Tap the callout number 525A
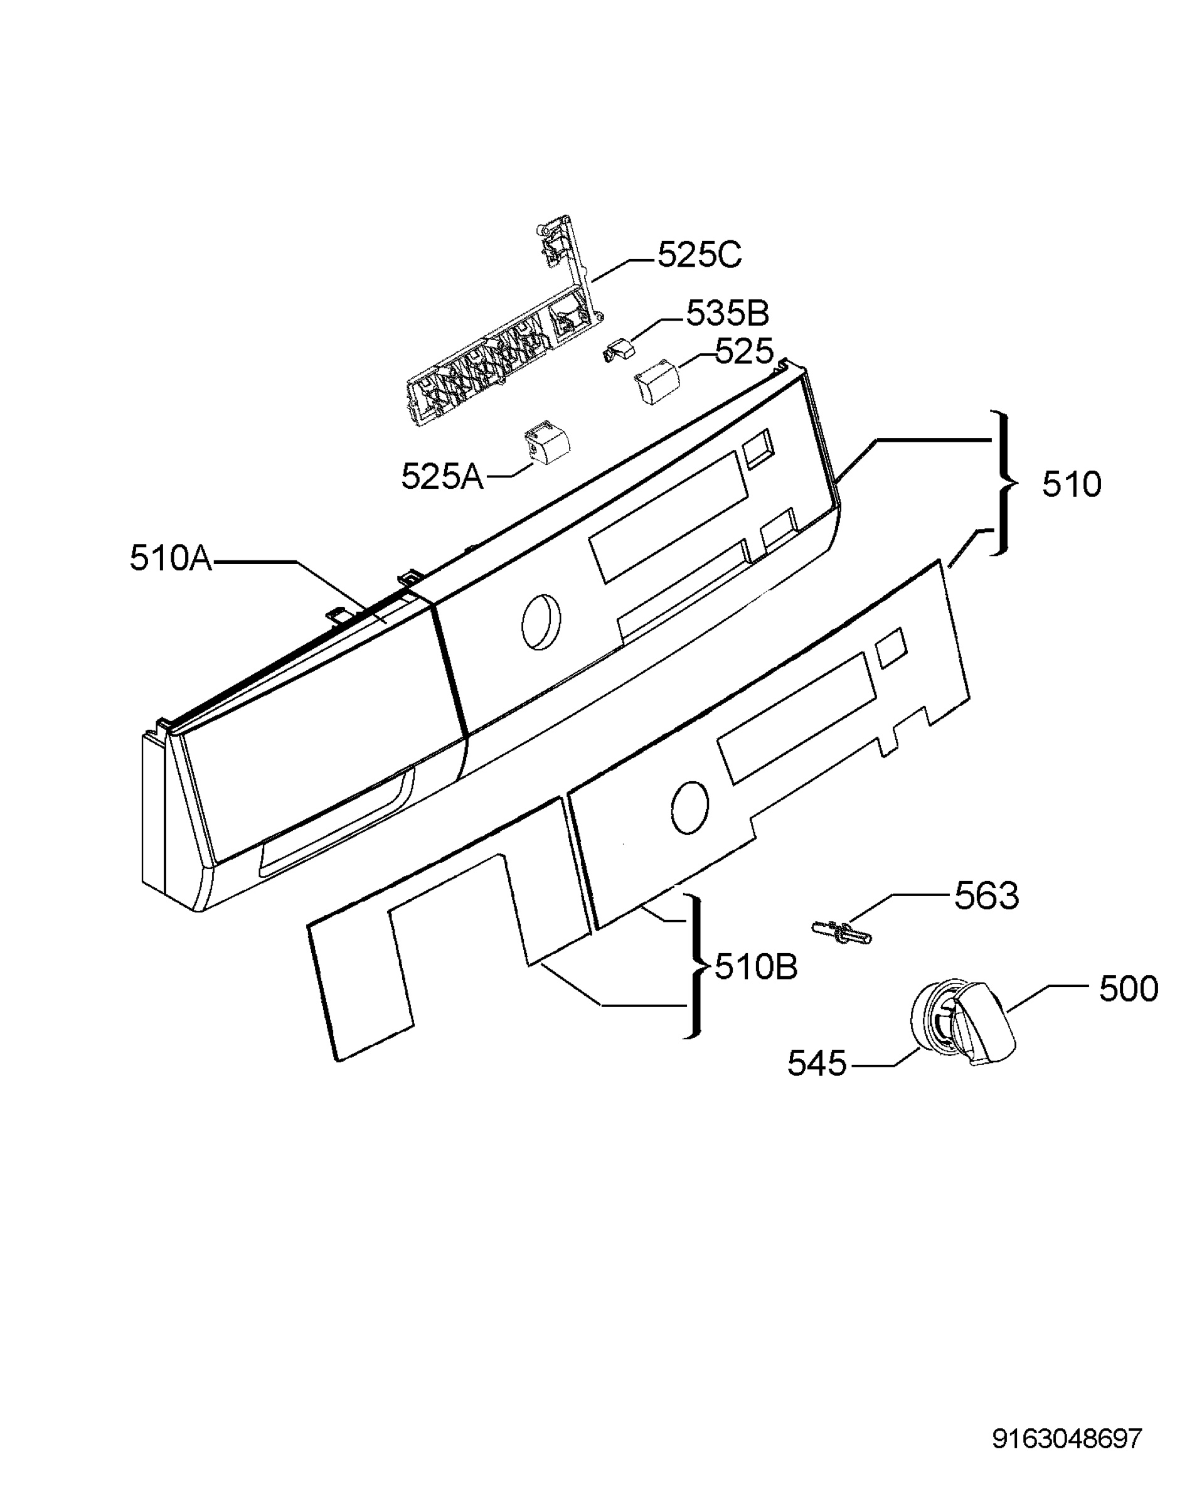(442, 478)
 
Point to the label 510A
(171, 559)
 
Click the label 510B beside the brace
(756, 968)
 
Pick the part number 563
(986, 896)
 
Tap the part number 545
(817, 1064)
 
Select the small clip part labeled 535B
(619, 349)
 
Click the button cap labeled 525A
(547, 441)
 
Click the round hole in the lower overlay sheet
(689, 807)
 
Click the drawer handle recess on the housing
(336, 823)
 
